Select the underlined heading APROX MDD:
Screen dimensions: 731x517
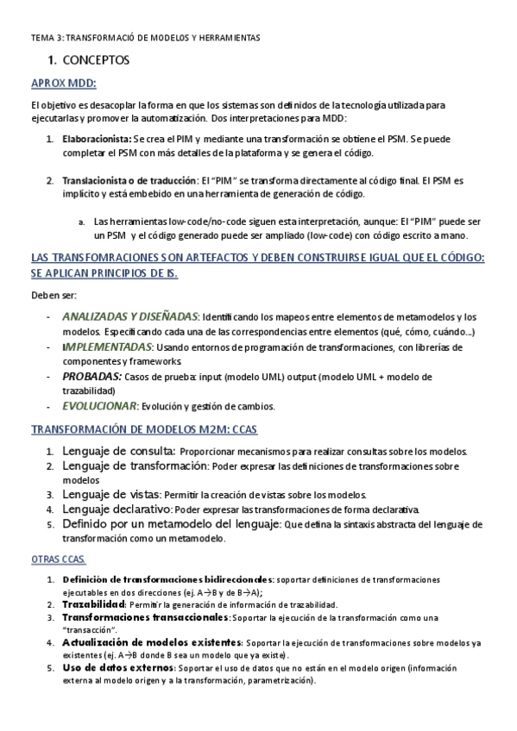63,83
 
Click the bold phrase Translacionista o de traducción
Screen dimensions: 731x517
129,181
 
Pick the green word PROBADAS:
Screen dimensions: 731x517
91,377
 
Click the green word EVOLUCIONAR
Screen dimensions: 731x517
99,405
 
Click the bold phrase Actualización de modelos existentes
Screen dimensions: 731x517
150,643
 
